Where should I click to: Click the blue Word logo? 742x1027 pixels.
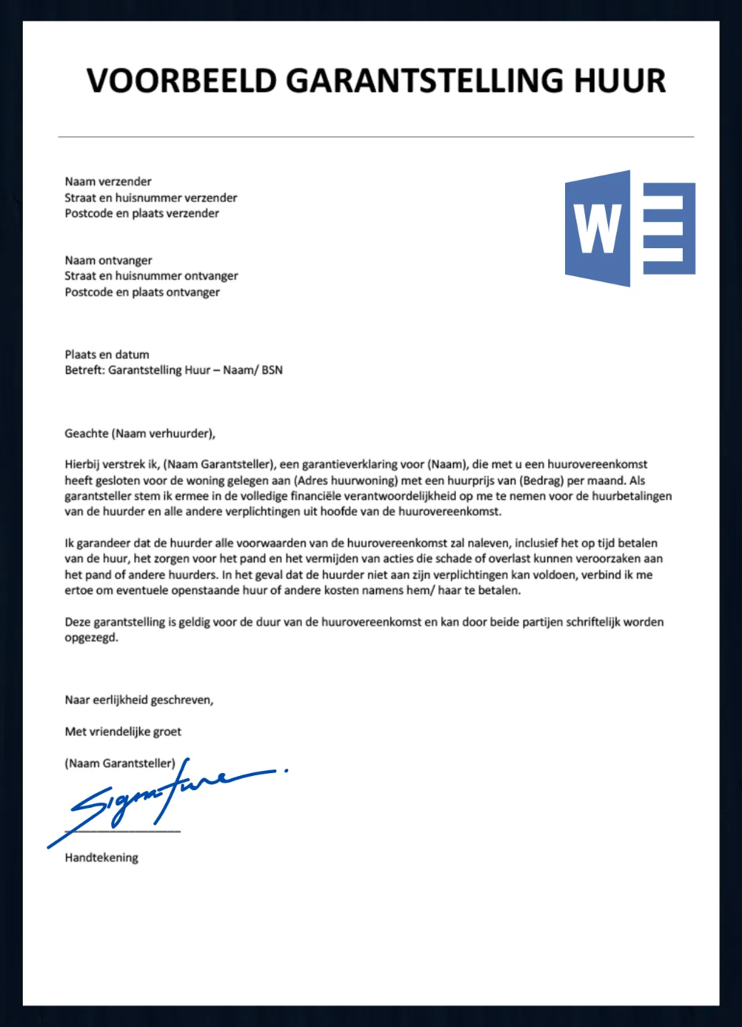click(629, 228)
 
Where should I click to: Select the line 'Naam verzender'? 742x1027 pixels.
click(108, 181)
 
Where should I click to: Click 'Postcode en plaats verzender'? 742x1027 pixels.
click(141, 213)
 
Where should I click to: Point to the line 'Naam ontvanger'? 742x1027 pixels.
click(108, 260)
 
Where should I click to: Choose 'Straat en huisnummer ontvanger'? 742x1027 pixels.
click(151, 276)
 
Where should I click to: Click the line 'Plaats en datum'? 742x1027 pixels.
click(107, 354)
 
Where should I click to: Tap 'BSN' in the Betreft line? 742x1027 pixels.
click(272, 370)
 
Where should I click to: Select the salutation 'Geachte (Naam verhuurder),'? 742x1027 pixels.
click(140, 434)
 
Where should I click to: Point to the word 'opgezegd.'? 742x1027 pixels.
click(91, 638)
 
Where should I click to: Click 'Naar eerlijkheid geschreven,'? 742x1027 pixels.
click(139, 700)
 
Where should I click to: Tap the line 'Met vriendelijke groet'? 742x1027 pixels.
click(123, 732)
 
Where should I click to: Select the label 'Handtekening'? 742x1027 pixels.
click(101, 858)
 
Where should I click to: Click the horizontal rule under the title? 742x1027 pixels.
click(376, 136)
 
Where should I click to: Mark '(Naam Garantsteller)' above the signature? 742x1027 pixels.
click(120, 763)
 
